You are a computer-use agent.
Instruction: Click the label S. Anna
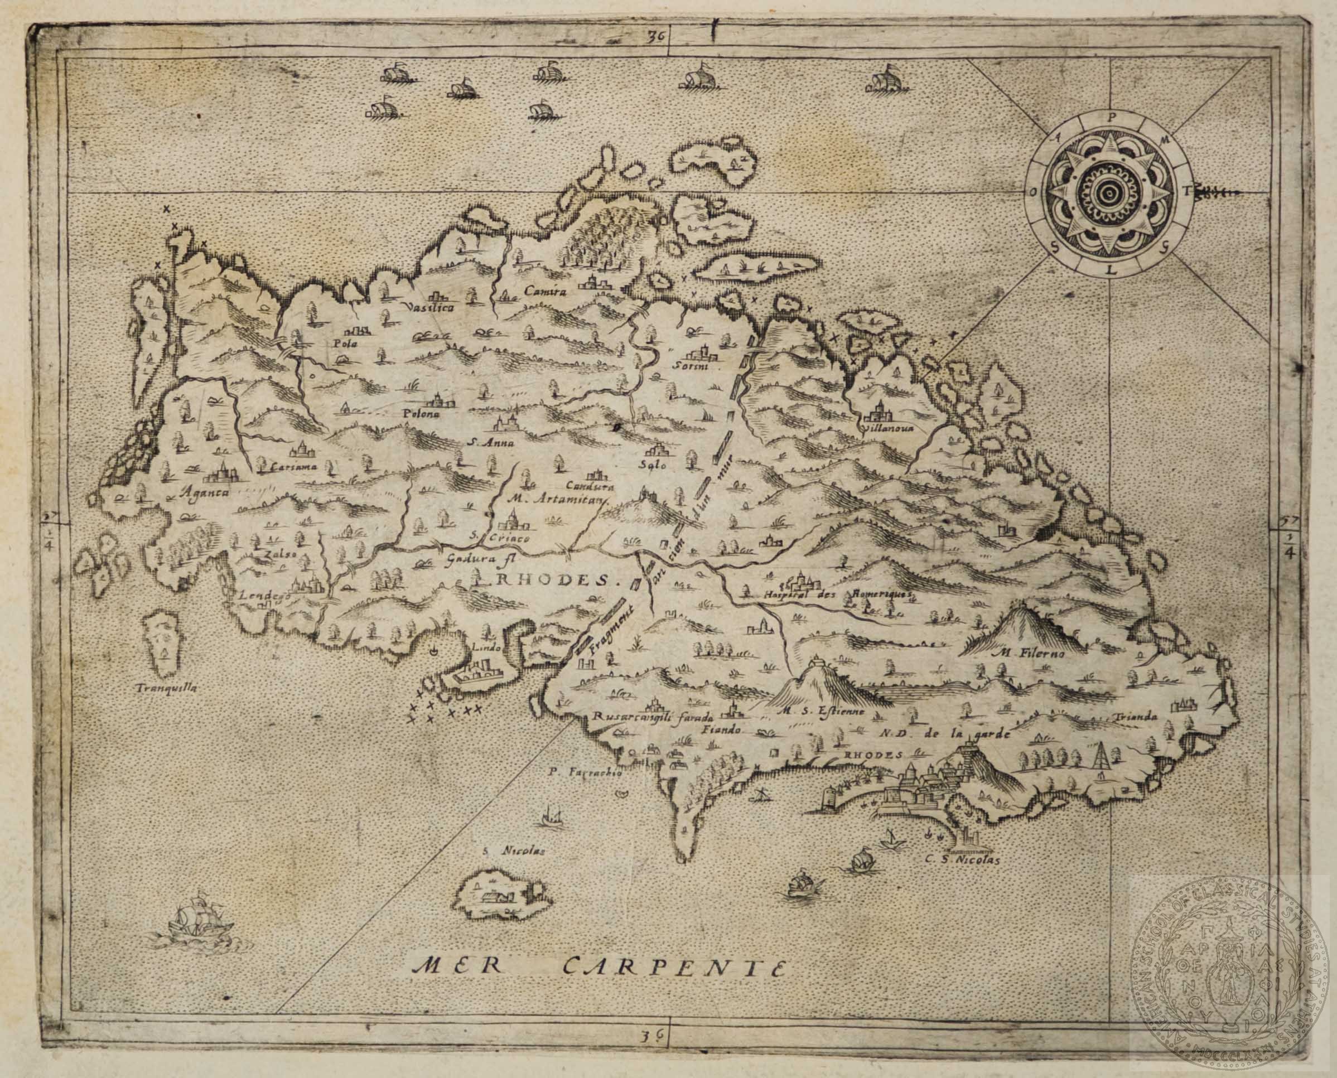[x=489, y=443]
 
